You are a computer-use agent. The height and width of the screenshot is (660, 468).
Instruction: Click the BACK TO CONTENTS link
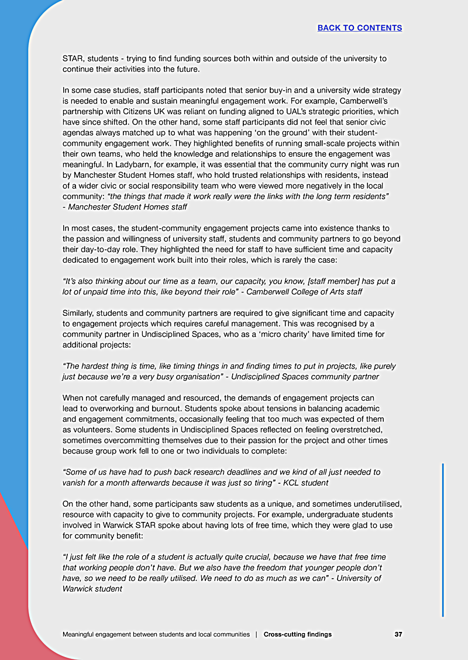click(x=359, y=27)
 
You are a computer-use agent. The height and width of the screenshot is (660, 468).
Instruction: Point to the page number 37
click(x=398, y=634)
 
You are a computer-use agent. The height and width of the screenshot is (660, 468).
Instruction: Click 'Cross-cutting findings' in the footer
click(x=297, y=634)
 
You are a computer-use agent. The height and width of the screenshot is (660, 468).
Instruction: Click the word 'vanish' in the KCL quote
click(x=75, y=482)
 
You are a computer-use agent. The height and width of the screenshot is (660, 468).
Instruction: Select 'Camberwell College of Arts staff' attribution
click(x=323, y=291)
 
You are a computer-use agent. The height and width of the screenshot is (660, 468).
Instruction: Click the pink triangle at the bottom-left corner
click(x=12, y=585)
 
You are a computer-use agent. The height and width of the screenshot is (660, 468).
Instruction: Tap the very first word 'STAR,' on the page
click(x=73, y=59)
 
